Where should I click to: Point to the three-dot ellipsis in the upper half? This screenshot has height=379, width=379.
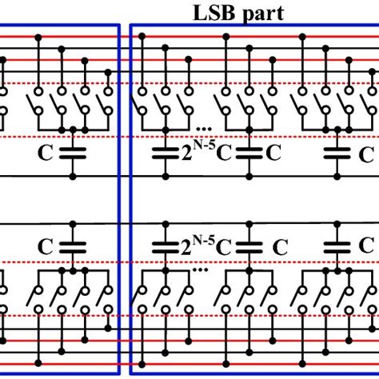(203, 126)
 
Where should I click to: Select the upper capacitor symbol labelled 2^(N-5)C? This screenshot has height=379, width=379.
(168, 154)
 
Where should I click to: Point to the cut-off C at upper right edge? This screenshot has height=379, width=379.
(370, 152)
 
